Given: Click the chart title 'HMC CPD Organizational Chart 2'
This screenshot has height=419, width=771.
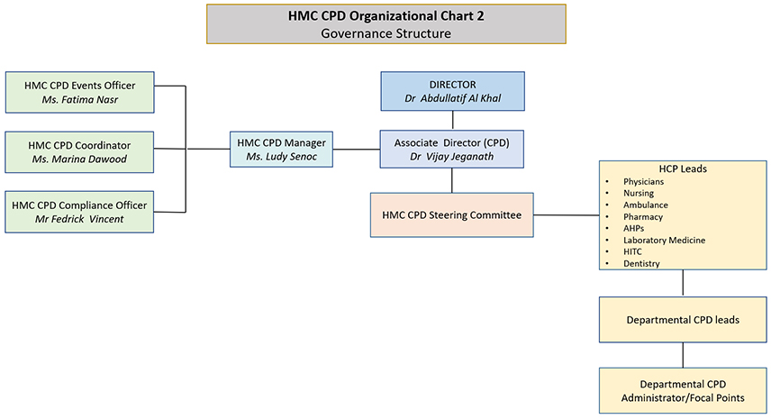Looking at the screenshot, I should pyautogui.click(x=385, y=15).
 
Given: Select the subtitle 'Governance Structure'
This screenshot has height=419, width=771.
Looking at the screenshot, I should pyautogui.click(x=385, y=33).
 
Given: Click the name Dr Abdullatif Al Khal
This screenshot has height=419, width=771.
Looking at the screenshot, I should pyautogui.click(x=452, y=100).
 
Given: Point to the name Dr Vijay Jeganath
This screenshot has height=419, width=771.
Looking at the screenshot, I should pyautogui.click(x=452, y=157).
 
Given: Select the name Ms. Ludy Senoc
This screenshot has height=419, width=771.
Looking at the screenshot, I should pyautogui.click(x=280, y=157).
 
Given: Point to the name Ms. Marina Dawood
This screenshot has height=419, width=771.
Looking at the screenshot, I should pyautogui.click(x=79, y=159).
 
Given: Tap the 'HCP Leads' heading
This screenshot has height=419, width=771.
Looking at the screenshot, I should pyautogui.click(x=682, y=169).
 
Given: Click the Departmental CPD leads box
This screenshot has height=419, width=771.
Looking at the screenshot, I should pyautogui.click(x=682, y=319).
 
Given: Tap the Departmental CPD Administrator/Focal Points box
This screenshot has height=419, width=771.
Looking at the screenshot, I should pyautogui.click(x=682, y=390).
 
